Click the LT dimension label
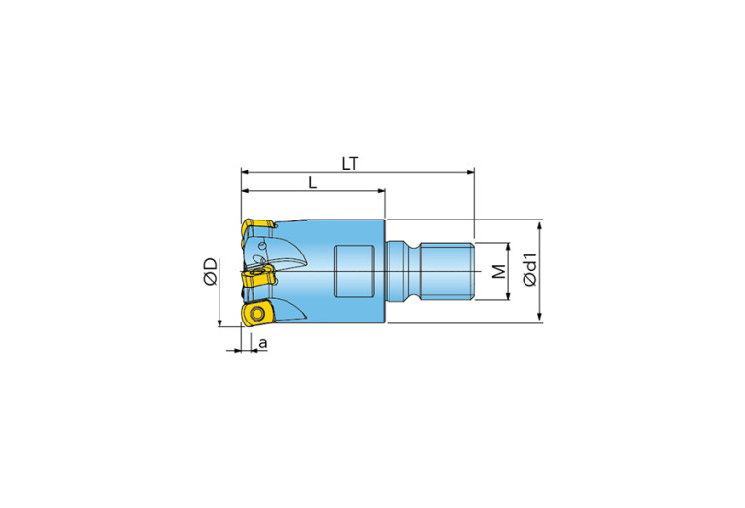350,164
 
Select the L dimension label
312,183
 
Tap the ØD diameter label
211,272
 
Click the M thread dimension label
499,272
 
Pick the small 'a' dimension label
263,343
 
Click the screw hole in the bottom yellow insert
257,314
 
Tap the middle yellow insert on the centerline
258,276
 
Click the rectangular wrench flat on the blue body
353,271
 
